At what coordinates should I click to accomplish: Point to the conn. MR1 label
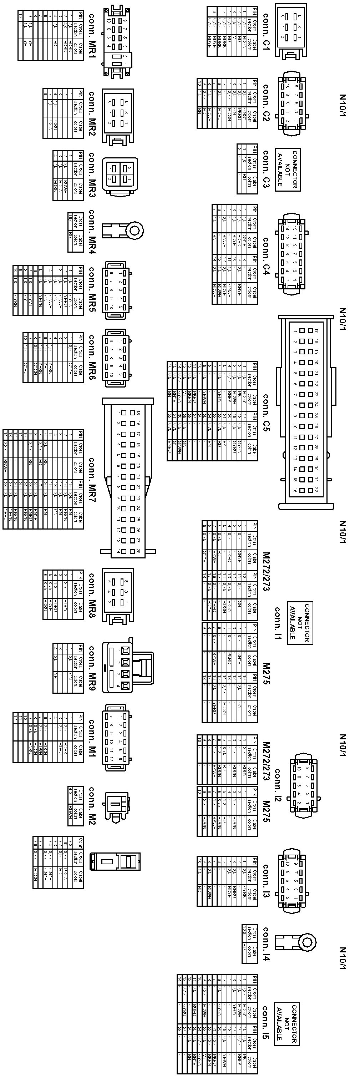coord(92,31)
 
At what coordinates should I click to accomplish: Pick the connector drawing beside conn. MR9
coord(128,668)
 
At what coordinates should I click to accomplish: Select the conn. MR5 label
coord(92,290)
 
